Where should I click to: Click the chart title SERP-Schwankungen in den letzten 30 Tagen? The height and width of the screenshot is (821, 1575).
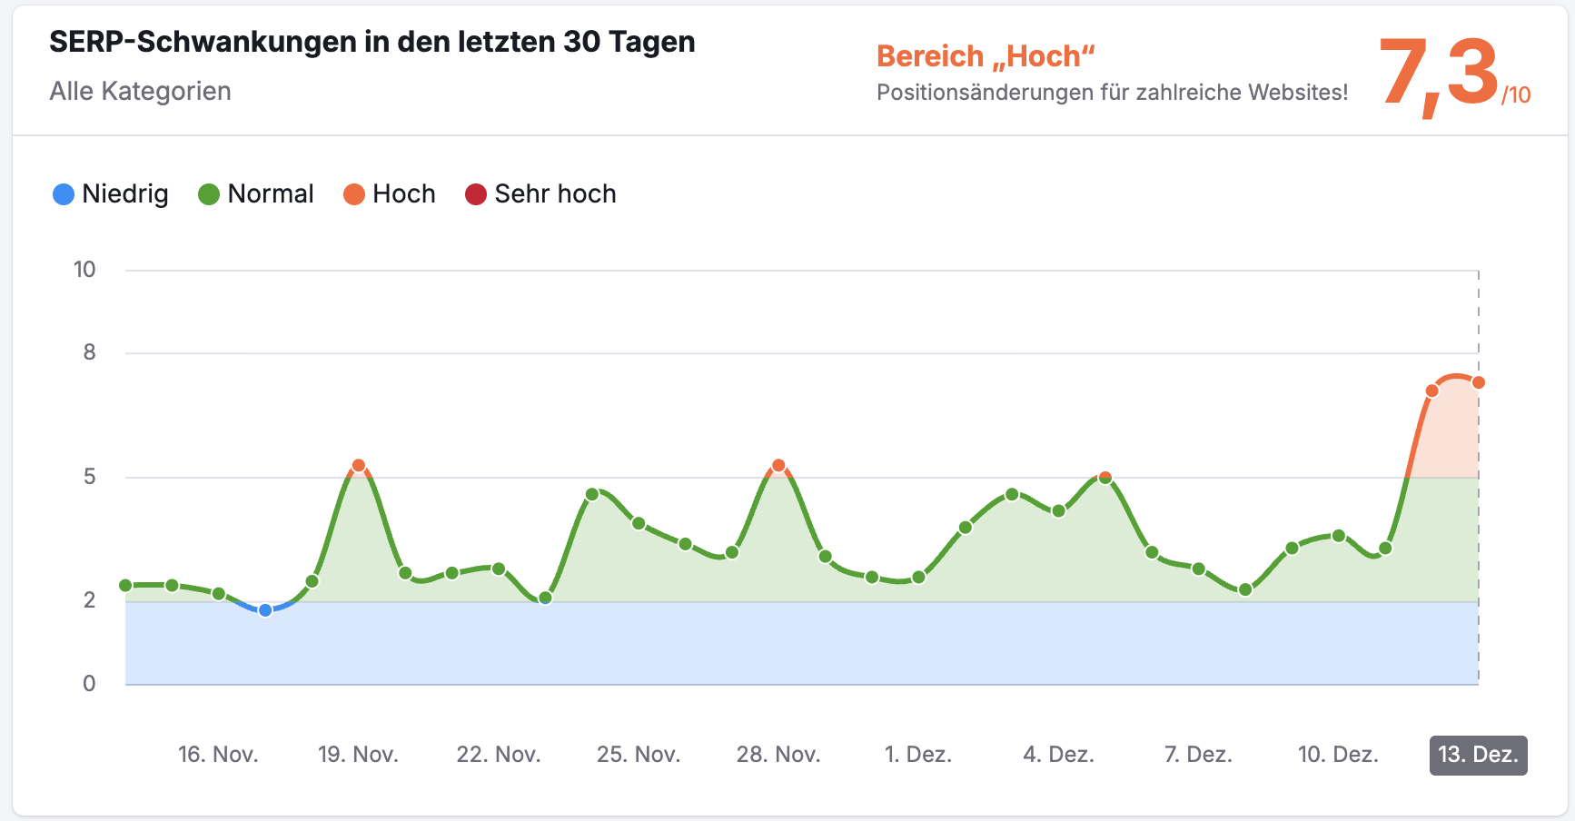[x=371, y=42]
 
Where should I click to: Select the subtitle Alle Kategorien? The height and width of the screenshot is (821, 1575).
[x=140, y=91]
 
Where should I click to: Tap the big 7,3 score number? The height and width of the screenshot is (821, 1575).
[x=1438, y=73]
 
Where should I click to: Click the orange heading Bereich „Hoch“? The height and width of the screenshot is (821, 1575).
[x=985, y=56]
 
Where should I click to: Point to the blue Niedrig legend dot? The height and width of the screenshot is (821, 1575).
[x=64, y=194]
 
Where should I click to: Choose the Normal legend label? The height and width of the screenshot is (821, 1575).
[x=270, y=194]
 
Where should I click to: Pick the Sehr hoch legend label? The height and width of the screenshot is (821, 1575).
[x=555, y=194]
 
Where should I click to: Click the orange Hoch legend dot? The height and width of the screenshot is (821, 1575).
[x=354, y=194]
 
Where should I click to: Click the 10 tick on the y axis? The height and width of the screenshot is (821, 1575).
[x=84, y=270]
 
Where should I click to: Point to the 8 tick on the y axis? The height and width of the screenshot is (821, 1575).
[x=89, y=352]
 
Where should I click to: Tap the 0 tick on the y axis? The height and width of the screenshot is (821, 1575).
[x=89, y=684]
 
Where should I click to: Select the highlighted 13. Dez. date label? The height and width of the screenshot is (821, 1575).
[x=1478, y=755]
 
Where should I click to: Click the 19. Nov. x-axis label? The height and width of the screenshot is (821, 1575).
[x=358, y=755]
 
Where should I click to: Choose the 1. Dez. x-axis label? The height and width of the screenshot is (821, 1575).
[x=918, y=755]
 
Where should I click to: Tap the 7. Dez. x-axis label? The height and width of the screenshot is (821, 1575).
[x=1198, y=755]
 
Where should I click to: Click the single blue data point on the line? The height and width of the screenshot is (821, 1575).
[x=265, y=610]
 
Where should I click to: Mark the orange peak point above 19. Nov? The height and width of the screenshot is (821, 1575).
[x=358, y=466]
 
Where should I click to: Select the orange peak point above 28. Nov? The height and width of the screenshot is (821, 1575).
[x=778, y=466]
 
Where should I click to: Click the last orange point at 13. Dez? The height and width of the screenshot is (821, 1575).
[x=1479, y=382]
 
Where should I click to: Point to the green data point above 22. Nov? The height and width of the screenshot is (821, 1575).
[x=499, y=569]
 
